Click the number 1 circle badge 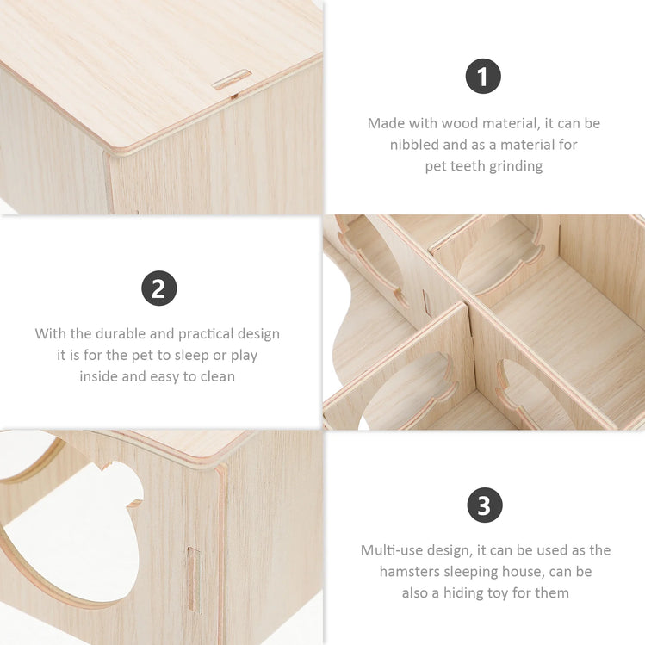pyautogui.click(x=483, y=76)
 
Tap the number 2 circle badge pyautogui.click(x=159, y=288)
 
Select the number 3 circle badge pyautogui.click(x=485, y=505)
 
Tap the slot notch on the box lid pyautogui.click(x=232, y=79)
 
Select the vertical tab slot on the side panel pyautogui.click(x=195, y=580)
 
